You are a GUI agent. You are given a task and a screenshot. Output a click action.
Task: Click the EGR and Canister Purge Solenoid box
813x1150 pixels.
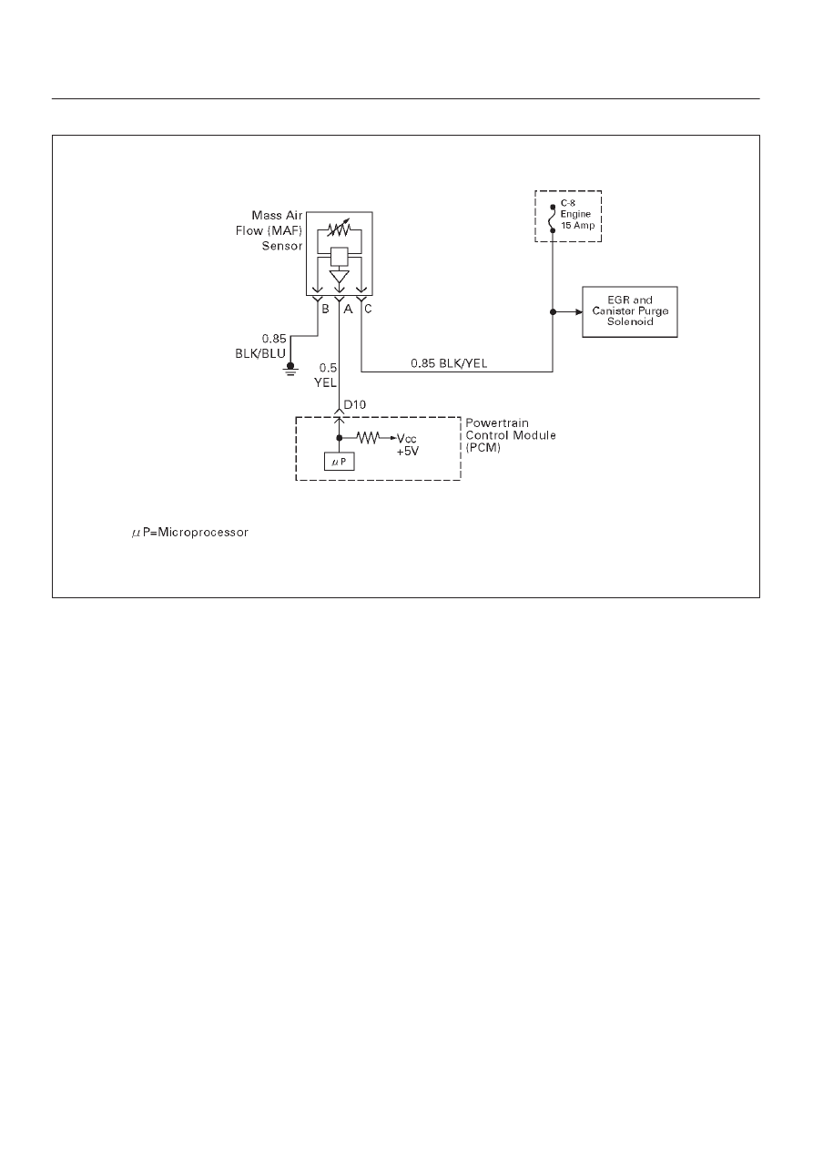coord(629,311)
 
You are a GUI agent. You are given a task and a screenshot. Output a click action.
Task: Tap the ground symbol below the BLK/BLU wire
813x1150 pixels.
coord(290,369)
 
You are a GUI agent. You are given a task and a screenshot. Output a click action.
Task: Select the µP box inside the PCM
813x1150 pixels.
coord(340,462)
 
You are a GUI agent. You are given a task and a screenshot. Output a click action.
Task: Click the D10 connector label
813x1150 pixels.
coord(355,404)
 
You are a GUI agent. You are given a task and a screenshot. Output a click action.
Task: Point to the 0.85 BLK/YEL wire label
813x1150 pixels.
coord(449,363)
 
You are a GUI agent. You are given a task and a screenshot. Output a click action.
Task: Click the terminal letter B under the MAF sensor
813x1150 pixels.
coord(325,309)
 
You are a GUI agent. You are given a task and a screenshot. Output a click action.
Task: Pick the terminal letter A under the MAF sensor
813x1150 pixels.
coord(348,309)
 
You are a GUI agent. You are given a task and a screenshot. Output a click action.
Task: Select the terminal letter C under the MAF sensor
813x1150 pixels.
coord(368,309)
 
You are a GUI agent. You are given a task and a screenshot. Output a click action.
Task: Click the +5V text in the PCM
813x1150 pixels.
coord(408,452)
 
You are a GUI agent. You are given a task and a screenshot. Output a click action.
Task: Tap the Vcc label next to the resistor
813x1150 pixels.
coord(406,439)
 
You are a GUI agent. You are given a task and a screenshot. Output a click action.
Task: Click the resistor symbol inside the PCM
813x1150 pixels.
coord(368,437)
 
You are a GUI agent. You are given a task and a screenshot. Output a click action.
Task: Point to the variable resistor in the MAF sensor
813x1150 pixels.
coord(340,229)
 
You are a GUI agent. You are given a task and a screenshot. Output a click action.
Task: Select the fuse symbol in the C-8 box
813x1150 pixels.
coord(553,219)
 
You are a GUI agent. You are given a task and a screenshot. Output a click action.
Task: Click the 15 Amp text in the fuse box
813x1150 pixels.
coord(577,226)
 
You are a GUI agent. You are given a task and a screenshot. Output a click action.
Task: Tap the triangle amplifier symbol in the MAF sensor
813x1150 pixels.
coord(340,277)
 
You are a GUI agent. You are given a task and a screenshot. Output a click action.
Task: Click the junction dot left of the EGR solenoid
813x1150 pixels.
coord(553,311)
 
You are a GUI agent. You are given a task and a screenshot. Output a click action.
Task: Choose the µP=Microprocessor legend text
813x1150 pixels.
coord(190,533)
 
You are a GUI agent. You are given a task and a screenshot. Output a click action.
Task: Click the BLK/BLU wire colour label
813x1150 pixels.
coord(260,353)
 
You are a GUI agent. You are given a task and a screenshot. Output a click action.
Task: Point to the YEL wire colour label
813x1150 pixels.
coord(325,382)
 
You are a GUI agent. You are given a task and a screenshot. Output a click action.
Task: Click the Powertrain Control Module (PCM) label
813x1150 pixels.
coord(511,435)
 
